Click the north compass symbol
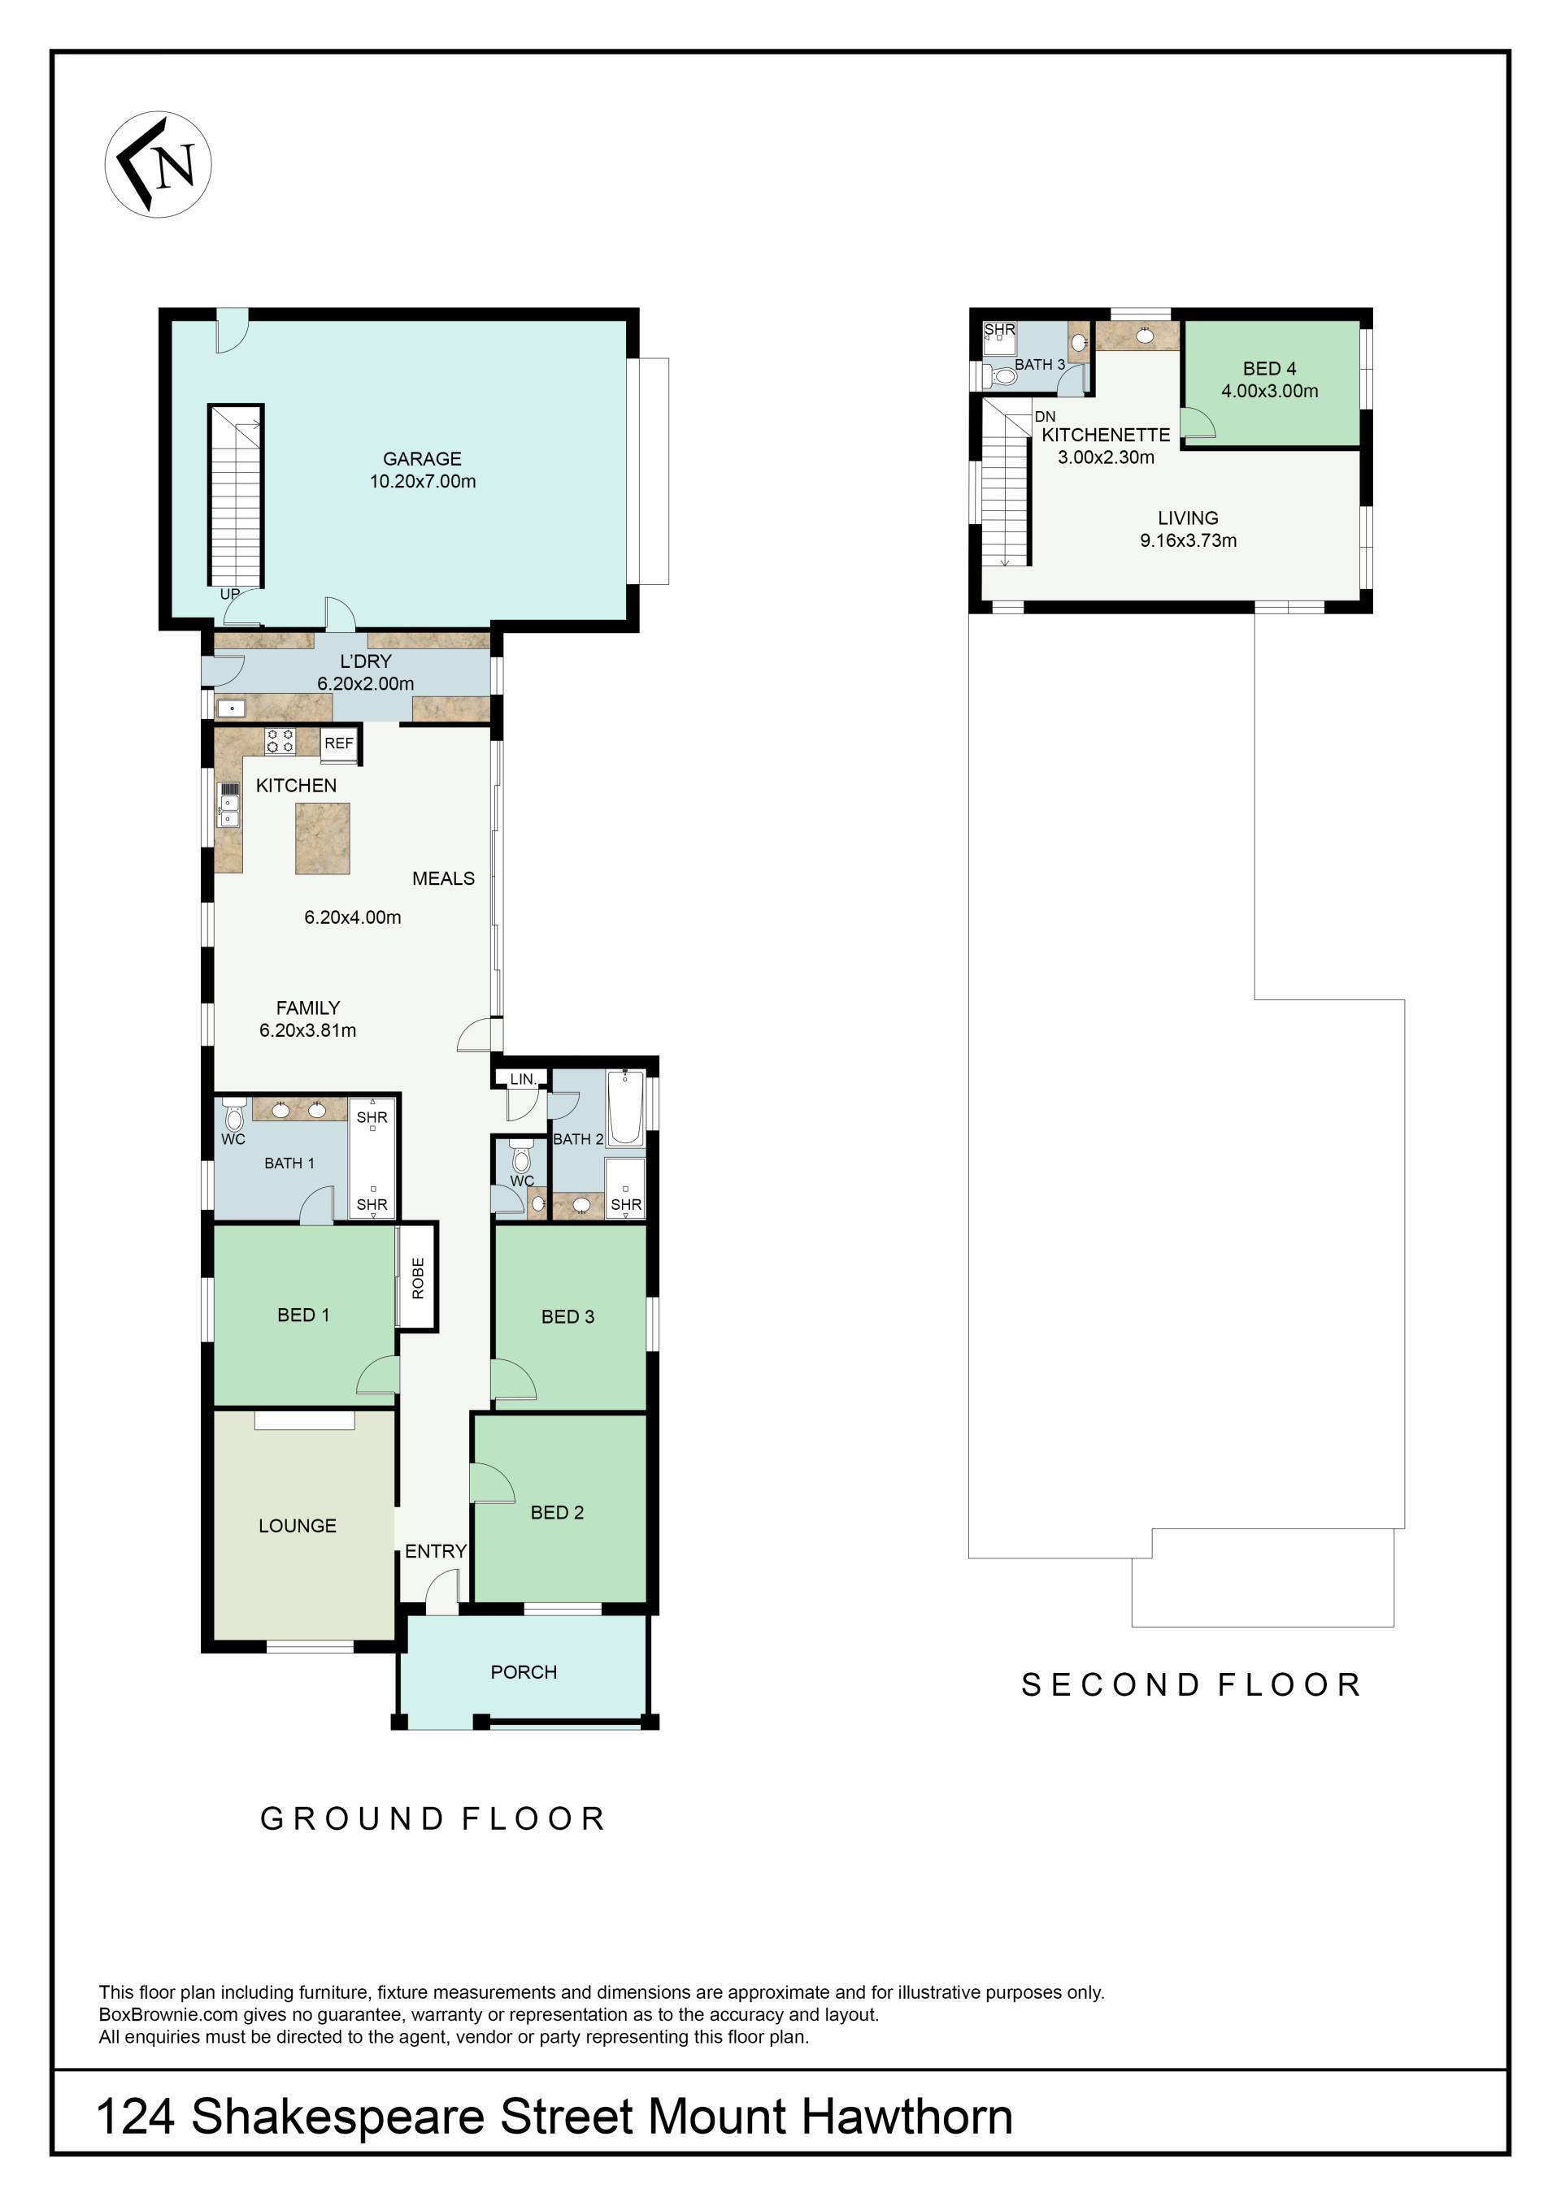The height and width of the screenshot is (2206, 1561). point(158,164)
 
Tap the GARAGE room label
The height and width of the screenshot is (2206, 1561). point(422,459)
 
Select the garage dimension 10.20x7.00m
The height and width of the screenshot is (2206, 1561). point(423,481)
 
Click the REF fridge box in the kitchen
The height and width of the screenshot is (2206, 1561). point(339,743)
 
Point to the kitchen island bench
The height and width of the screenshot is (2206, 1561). point(322,839)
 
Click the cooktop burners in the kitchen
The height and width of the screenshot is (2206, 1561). point(280,741)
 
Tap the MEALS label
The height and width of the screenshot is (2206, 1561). point(443,878)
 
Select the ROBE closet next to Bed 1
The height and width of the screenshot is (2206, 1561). point(418,1277)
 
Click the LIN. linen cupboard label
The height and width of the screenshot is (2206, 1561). point(523,1079)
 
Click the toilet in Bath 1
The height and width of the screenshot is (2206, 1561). point(233,1115)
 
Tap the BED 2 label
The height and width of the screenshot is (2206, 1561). point(558,1512)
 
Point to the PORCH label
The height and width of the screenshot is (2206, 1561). point(524,1672)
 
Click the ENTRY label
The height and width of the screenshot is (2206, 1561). point(436,1551)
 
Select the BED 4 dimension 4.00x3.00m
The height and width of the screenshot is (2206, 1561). point(1270,391)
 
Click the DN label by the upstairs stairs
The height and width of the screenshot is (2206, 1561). point(1045,417)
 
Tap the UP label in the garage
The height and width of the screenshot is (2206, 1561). point(230,594)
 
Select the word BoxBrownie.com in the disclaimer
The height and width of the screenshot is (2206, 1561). point(169,2015)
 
